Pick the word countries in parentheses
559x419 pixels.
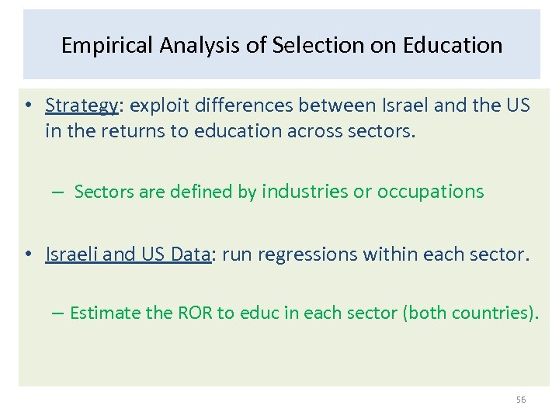point(492,313)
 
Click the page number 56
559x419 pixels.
point(521,400)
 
